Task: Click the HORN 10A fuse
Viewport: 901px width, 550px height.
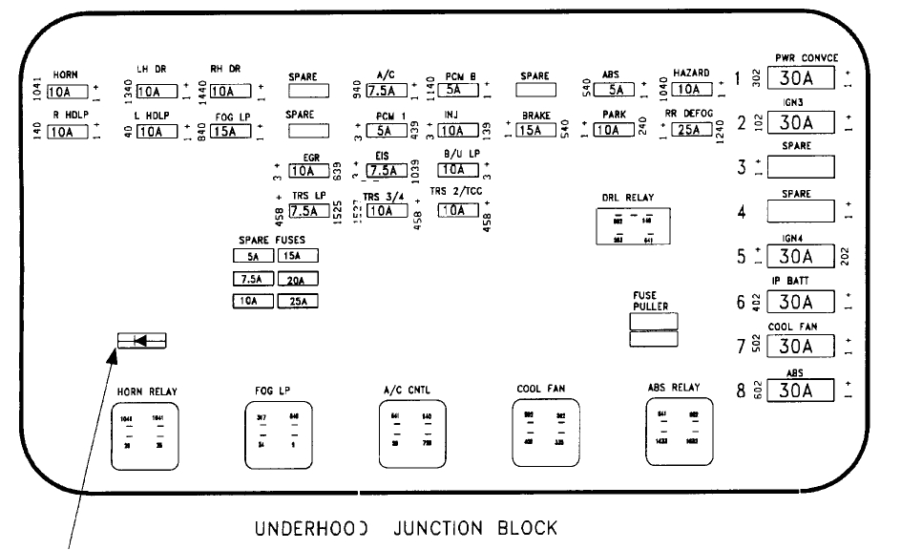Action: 67,92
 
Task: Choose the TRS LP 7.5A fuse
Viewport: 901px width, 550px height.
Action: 308,212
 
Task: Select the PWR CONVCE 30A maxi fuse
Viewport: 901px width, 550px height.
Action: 801,78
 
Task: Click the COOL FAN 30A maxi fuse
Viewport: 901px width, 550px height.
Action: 801,346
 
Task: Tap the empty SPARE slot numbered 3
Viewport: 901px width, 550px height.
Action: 801,167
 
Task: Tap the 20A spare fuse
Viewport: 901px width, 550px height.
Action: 297,279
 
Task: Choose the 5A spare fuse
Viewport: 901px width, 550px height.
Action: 253,256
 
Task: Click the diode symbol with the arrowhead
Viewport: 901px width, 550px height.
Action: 140,339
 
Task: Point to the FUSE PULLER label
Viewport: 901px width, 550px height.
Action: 650,301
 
